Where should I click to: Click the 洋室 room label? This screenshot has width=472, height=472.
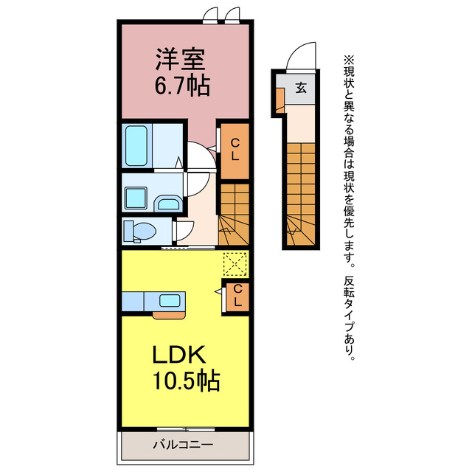[180, 59]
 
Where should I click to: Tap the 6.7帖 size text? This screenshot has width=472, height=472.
[182, 86]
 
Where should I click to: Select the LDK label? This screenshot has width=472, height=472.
[180, 355]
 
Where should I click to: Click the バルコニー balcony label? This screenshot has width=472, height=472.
[183, 445]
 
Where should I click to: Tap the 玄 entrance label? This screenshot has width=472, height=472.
[301, 88]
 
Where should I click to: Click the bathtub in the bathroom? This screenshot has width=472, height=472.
[136, 146]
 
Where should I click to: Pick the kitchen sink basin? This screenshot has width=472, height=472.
[170, 300]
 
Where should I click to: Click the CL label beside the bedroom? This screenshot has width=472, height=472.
[235, 150]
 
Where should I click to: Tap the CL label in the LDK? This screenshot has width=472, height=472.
[237, 295]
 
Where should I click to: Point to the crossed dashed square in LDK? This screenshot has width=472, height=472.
[235, 265]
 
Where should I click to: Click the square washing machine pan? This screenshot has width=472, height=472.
[136, 198]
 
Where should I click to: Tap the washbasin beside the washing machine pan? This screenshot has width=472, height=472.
[169, 204]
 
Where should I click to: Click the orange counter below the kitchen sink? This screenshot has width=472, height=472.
[169, 315]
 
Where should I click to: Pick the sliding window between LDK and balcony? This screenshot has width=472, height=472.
[186, 429]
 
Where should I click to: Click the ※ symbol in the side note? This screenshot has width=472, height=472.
[349, 60]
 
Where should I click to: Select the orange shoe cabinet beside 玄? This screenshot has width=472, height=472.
[280, 100]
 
